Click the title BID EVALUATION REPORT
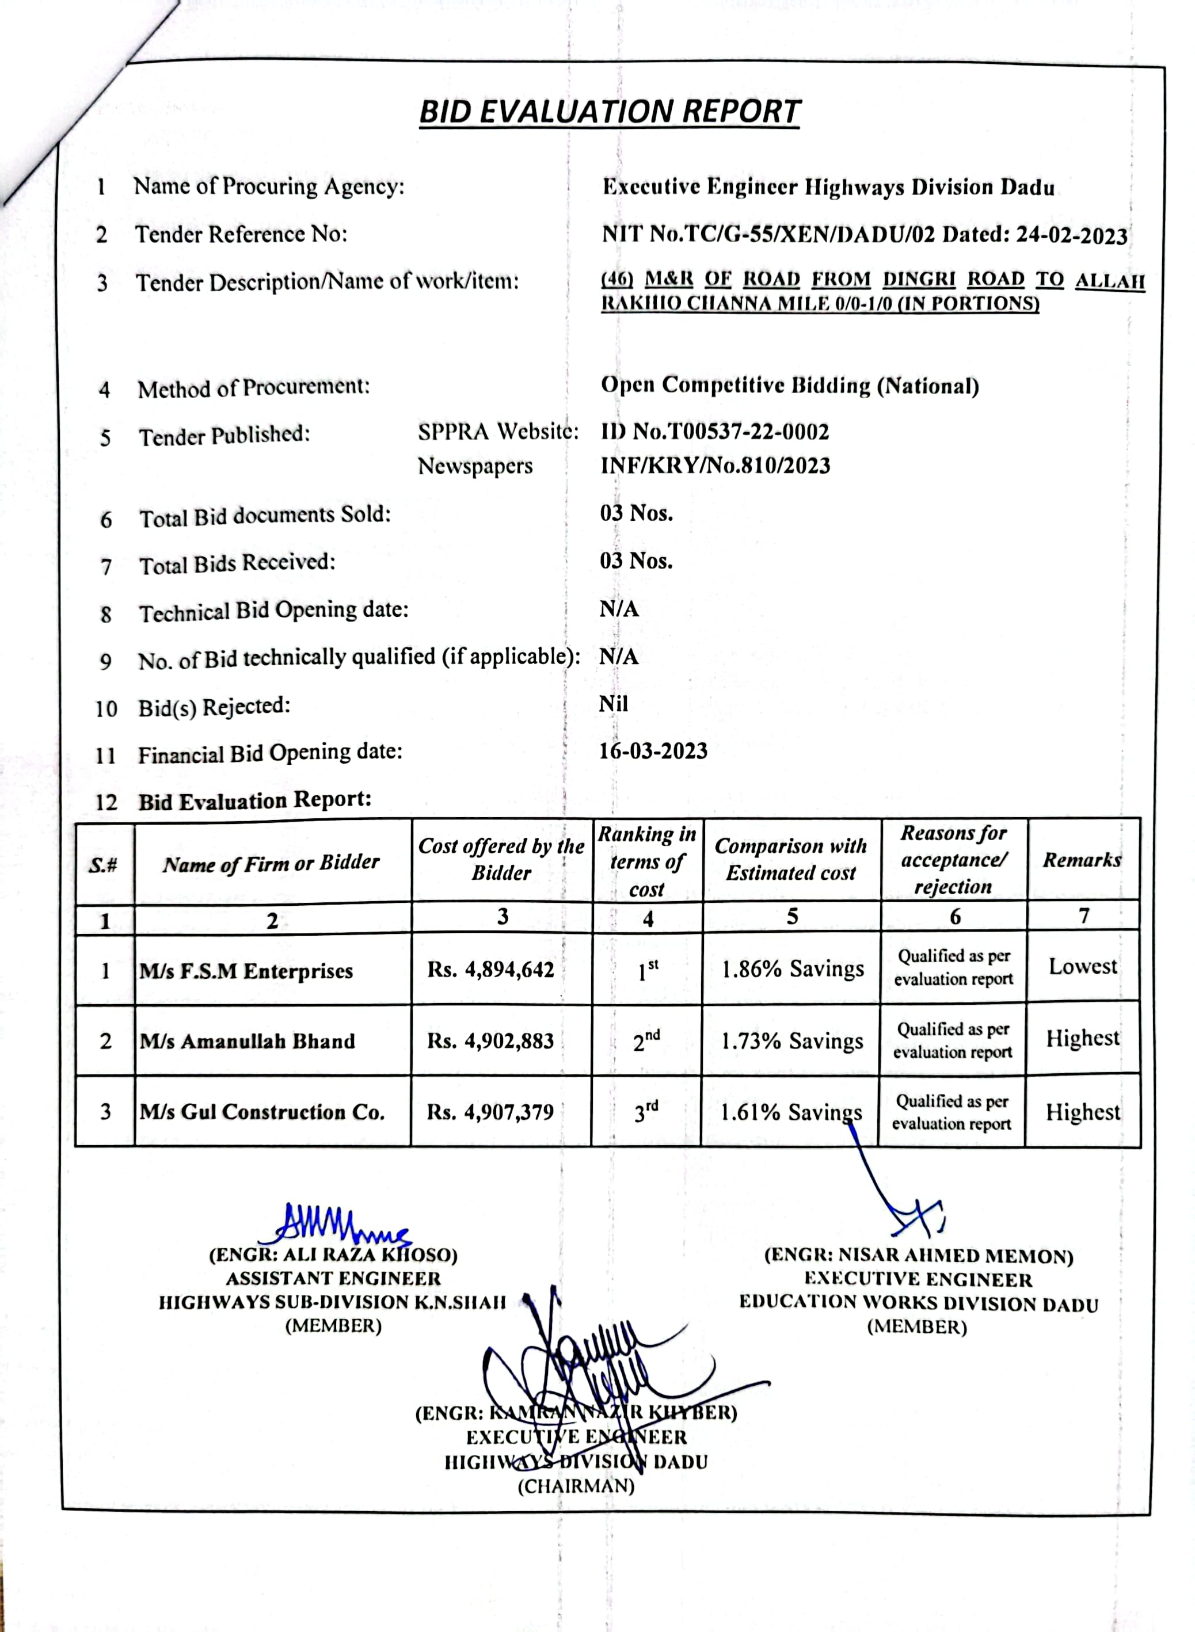click(x=609, y=112)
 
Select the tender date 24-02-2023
click(x=1071, y=236)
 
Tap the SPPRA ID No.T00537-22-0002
click(x=715, y=432)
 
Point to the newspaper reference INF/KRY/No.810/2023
click(x=715, y=465)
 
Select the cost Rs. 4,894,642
click(x=490, y=969)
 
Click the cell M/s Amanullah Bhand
click(x=248, y=1041)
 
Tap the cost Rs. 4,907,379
click(x=490, y=1111)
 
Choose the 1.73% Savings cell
click(x=791, y=1040)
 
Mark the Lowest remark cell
click(x=1082, y=967)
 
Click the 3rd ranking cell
click(x=646, y=1111)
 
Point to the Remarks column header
click(x=1082, y=860)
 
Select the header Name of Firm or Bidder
click(x=271, y=863)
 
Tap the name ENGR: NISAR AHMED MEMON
click(x=918, y=1256)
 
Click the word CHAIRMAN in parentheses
click(x=576, y=1486)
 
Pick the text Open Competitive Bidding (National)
click(x=789, y=386)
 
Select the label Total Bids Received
click(x=237, y=563)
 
